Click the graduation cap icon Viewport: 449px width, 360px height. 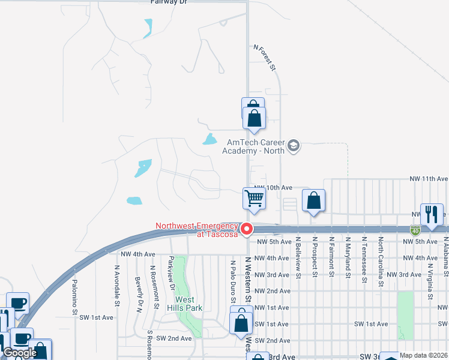294,146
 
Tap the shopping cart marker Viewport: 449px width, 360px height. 255,198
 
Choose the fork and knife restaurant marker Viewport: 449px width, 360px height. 432,214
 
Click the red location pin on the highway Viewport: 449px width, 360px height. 246,229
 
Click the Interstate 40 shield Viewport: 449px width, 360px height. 415,230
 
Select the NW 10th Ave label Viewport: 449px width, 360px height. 273,188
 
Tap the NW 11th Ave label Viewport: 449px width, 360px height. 429,179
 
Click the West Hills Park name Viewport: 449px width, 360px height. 188,304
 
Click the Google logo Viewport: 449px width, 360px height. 21,353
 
